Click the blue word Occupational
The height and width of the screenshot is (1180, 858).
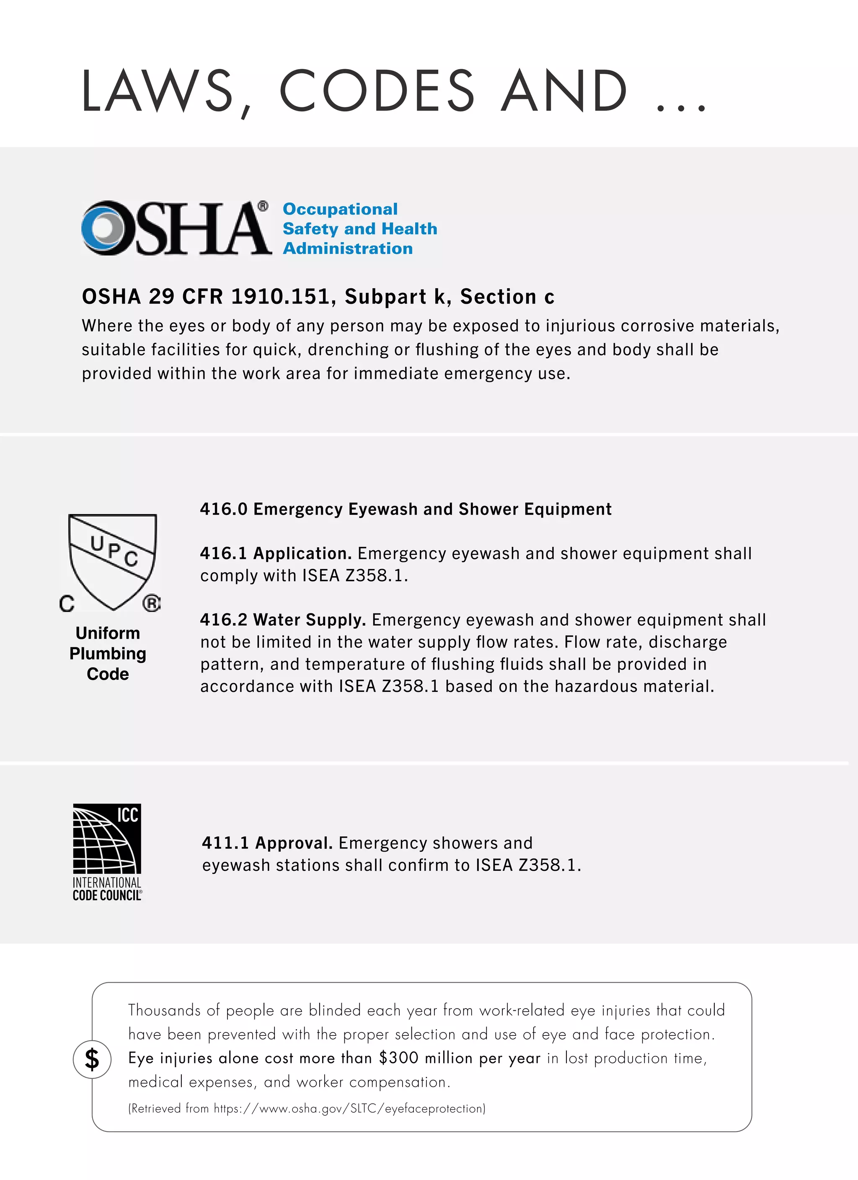coord(340,209)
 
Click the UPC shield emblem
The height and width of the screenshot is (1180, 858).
coord(112,559)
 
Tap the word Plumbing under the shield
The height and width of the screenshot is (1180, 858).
coord(108,653)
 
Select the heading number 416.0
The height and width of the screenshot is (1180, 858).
coord(224,509)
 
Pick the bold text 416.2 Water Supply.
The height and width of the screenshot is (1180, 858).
coord(282,620)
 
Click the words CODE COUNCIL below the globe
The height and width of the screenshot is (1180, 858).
coord(107,895)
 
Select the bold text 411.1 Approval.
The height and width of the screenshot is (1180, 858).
coord(267,842)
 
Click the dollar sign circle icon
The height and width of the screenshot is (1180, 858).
coord(92,1059)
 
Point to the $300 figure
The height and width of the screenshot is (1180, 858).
coord(398,1058)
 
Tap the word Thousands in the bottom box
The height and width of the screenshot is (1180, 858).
coord(164,1010)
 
